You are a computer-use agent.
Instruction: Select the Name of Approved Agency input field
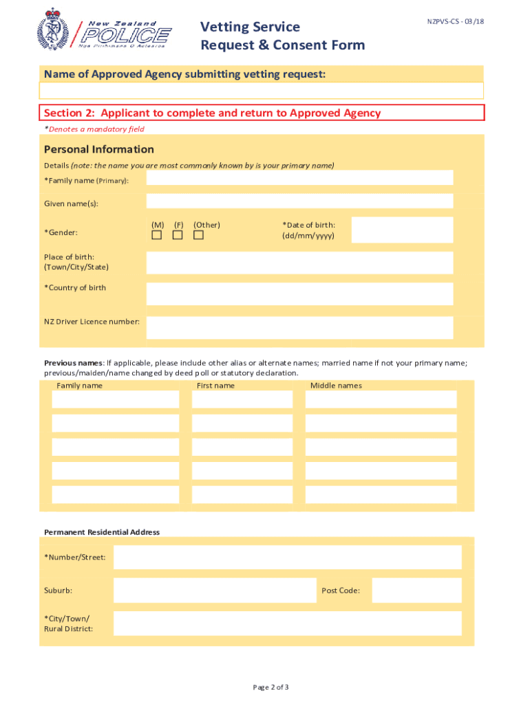(262, 91)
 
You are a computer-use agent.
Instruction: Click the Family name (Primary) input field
(299, 178)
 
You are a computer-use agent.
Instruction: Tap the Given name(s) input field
(299, 201)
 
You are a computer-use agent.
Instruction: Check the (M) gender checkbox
(157, 236)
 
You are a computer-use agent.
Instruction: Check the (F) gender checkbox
(178, 236)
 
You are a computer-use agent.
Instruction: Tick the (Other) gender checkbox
(199, 236)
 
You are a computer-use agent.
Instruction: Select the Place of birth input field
(299, 263)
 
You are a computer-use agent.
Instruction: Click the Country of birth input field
(299, 294)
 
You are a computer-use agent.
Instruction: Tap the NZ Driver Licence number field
(299, 328)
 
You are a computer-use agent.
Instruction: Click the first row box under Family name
(115, 399)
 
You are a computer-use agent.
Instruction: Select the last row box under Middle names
(381, 494)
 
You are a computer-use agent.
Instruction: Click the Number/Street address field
(287, 558)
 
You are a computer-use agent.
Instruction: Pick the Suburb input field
(214, 591)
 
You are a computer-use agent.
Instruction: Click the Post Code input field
(416, 591)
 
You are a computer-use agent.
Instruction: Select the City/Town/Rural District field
(287, 624)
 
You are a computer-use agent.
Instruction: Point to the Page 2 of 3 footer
(271, 687)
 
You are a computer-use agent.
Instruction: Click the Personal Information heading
(99, 149)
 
